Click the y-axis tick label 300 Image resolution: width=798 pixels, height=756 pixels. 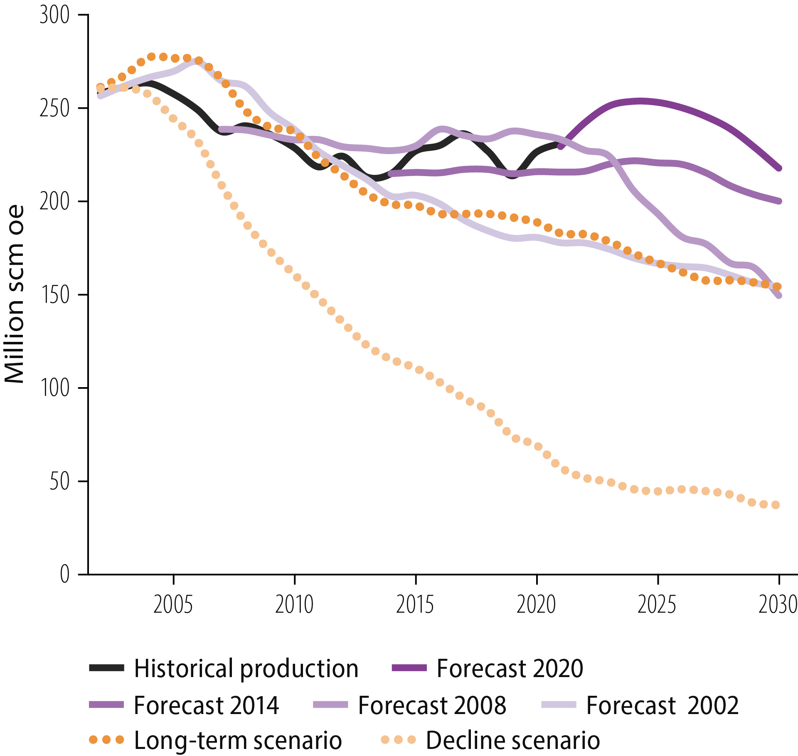[54, 15]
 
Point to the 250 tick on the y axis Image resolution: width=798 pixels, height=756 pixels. [54, 108]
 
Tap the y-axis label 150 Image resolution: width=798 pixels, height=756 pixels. [54, 295]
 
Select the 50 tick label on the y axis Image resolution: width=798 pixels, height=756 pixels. [59, 481]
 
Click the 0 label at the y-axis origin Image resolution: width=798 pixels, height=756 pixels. [64, 575]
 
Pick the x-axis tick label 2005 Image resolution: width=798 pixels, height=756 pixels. [173, 605]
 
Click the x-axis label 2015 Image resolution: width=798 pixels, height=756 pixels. [415, 605]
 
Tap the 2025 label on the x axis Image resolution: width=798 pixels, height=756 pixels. [657, 605]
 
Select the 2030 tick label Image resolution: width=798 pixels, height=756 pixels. [777, 605]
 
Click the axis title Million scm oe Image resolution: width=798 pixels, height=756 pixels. [15, 294]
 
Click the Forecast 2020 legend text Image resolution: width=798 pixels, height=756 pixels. [510, 668]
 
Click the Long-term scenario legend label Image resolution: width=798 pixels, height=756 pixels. [238, 741]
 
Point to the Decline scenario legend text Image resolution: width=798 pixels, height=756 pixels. [513, 741]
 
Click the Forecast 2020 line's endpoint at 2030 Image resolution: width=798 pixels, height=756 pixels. [779, 168]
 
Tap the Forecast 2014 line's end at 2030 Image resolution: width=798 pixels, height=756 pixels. [779, 201]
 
